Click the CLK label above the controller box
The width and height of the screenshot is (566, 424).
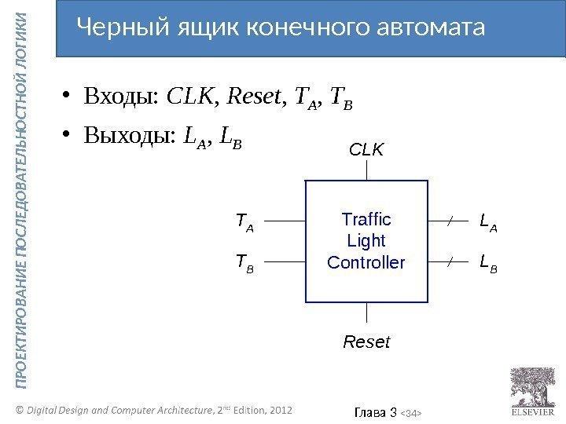coord(366,148)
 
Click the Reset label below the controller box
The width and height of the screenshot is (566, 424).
coord(367,342)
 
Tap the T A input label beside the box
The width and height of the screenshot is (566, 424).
coord(245,223)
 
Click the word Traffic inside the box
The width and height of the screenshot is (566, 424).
coord(366,218)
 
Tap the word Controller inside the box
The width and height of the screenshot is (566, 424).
coord(366,261)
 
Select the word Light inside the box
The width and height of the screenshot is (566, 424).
coord(366,239)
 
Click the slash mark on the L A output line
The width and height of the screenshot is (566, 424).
coord(449,222)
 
